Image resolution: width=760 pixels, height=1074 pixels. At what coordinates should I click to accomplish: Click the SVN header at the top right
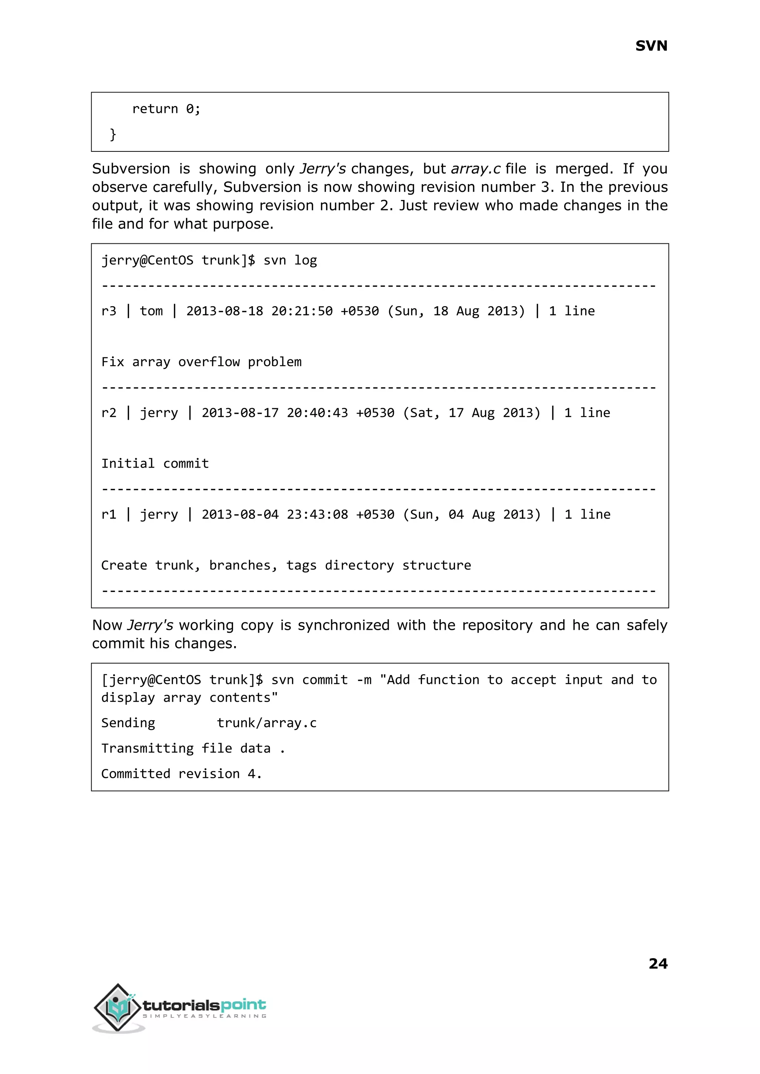click(x=651, y=46)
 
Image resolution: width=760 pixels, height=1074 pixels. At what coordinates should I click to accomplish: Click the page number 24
click(x=658, y=963)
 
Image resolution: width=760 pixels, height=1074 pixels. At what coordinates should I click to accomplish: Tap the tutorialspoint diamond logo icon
click(x=118, y=1007)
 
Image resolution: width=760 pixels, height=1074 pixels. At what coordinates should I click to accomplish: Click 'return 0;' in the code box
click(x=166, y=109)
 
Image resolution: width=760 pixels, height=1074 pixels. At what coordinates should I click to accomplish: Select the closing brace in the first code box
click(x=113, y=134)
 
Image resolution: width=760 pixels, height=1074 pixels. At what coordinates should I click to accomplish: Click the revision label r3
click(x=109, y=311)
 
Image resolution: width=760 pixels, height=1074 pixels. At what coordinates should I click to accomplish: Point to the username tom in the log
click(x=151, y=311)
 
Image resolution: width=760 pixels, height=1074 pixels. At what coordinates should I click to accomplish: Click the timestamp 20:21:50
click(x=302, y=311)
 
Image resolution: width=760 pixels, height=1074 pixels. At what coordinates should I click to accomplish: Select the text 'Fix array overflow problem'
click(x=201, y=362)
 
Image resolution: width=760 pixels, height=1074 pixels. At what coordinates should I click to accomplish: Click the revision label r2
click(x=109, y=413)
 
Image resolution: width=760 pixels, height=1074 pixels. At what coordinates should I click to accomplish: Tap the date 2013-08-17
click(x=240, y=413)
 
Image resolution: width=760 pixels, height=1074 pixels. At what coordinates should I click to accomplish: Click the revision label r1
click(x=109, y=515)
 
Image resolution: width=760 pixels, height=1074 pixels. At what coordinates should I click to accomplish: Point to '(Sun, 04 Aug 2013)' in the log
click(x=471, y=515)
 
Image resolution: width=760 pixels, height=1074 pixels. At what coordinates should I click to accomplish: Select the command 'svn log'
click(x=290, y=260)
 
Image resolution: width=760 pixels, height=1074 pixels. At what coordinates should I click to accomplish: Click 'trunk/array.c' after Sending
click(x=267, y=723)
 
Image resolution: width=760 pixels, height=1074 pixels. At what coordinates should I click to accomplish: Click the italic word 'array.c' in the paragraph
click(x=475, y=169)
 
